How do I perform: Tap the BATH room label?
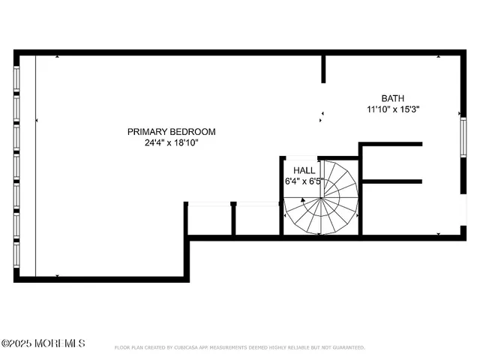pyautogui.click(x=392, y=98)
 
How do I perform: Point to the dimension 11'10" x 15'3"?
pyautogui.click(x=392, y=109)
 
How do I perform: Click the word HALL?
pyautogui.click(x=304, y=170)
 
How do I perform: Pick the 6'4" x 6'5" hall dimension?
pyautogui.click(x=304, y=181)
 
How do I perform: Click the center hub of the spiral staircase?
pyautogui.click(x=322, y=199)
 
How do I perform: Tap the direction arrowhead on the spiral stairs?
pyautogui.click(x=303, y=200)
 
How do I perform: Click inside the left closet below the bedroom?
pyautogui.click(x=209, y=220)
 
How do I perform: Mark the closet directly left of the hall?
pyautogui.click(x=258, y=220)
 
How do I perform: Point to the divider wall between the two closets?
pyautogui.click(x=234, y=220)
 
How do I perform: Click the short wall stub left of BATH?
pyautogui.click(x=323, y=68)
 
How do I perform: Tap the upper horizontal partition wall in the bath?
pyautogui.click(x=391, y=144)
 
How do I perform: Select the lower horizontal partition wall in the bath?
pyautogui.click(x=391, y=181)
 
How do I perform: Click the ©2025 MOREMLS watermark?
pyautogui.click(x=43, y=343)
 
